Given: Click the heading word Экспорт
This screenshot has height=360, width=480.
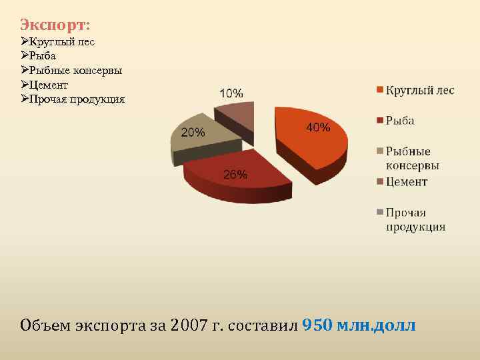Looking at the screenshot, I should click(53, 25).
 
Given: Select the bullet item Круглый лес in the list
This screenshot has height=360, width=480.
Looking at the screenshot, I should click(62, 41).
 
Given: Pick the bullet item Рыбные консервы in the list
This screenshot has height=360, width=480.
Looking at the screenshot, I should click(75, 71).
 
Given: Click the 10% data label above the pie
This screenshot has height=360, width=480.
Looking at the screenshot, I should click(231, 93).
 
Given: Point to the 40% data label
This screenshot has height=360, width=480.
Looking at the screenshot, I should click(318, 127).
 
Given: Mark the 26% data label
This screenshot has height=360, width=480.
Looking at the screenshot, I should click(235, 175).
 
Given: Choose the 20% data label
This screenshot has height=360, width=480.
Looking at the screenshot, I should click(193, 132).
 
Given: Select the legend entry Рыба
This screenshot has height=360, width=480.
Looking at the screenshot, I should click(400, 121).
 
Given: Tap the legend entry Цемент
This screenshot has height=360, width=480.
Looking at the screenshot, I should click(407, 182).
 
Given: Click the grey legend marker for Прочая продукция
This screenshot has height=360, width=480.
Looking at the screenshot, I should click(380, 213).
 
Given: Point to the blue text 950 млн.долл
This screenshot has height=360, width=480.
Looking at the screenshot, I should click(359, 325).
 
